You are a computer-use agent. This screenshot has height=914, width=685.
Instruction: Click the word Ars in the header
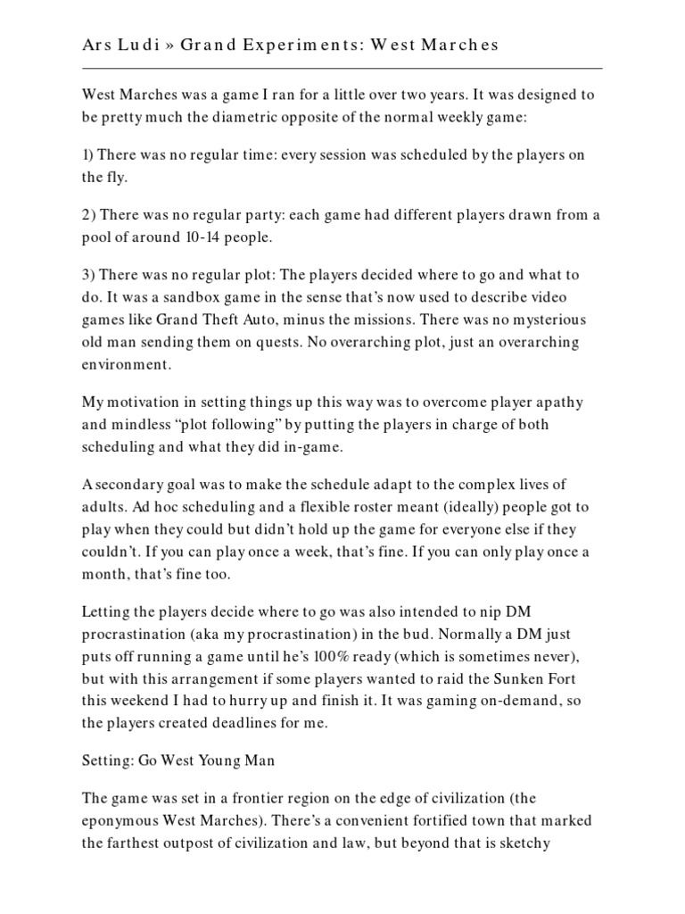[97, 45]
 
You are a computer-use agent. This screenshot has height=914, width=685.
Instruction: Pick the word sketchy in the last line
[557, 842]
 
